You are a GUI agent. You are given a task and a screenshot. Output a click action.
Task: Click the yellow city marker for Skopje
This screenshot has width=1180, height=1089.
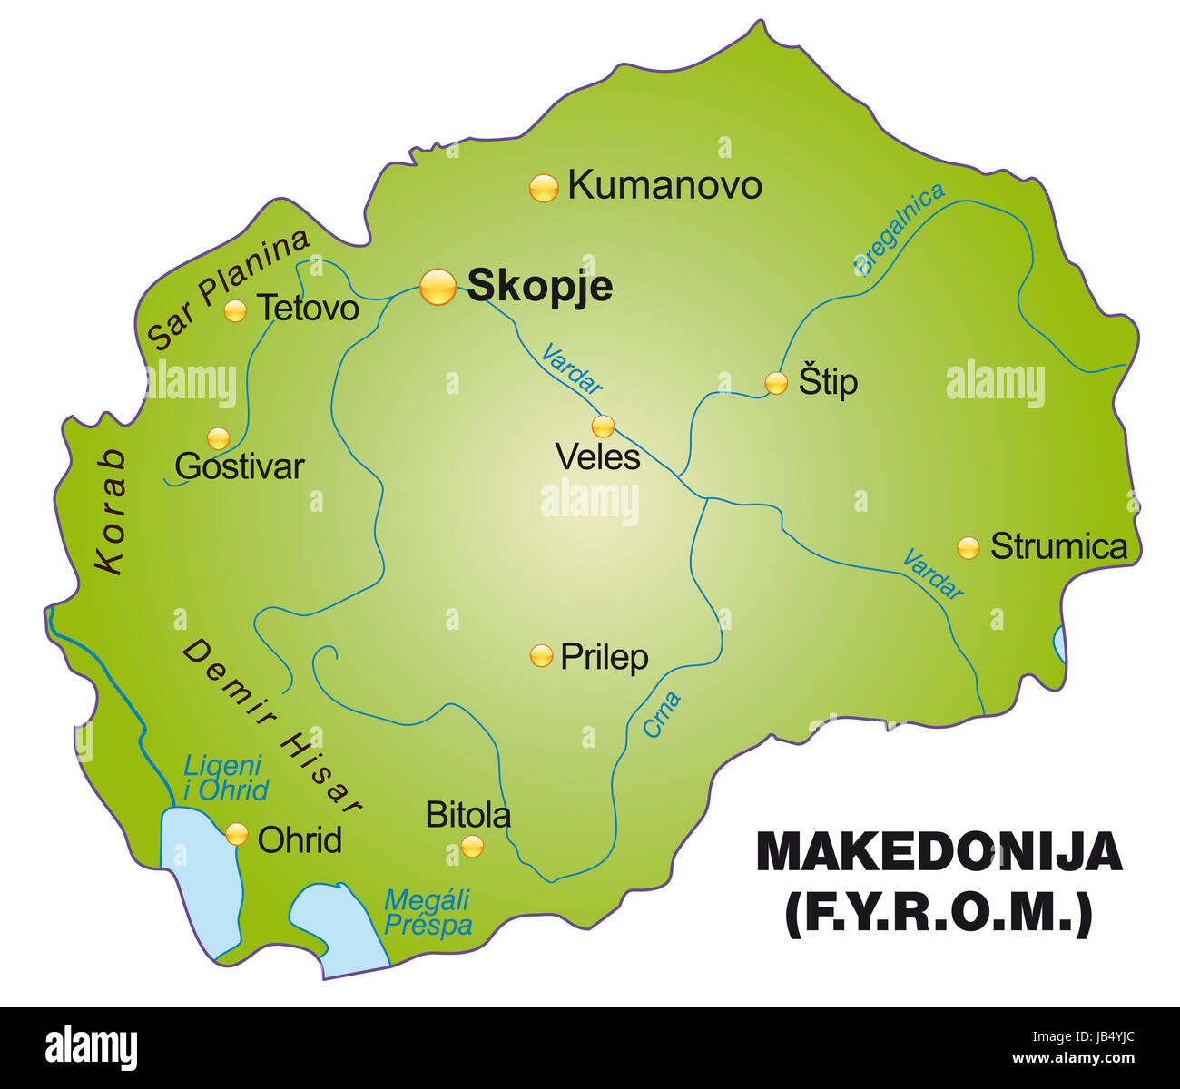coord(438,287)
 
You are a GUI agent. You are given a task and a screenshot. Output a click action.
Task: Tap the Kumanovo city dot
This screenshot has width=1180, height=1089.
coord(543,188)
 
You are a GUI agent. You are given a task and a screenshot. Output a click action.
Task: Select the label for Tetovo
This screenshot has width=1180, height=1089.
coord(308,309)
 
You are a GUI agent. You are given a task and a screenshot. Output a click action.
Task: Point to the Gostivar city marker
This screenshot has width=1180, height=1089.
coord(219,439)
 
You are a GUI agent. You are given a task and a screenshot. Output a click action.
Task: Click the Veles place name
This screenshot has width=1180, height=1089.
coord(597,457)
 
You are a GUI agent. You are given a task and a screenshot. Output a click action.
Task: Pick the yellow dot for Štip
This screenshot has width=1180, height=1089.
coord(775,383)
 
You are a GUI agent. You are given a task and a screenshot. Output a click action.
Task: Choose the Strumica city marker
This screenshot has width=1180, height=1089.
coord(969,547)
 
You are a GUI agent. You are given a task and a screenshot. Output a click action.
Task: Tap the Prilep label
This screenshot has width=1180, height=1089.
coord(604,656)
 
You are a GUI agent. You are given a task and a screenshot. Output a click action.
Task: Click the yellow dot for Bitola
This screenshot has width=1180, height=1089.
coord(472,847)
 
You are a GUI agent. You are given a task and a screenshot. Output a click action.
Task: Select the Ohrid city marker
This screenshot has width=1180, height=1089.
coord(237,834)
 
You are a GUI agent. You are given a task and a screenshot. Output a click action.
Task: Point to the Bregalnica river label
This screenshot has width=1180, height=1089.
coord(899,228)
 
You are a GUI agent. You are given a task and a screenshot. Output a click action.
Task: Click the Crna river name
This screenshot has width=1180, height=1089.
coord(662,714)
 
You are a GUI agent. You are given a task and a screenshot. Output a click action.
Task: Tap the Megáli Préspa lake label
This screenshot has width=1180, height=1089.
coord(428,912)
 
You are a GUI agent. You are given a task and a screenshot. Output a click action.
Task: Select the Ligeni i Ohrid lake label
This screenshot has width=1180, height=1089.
coord(225,778)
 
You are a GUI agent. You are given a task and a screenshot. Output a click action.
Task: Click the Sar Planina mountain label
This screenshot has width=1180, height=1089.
coord(228,289)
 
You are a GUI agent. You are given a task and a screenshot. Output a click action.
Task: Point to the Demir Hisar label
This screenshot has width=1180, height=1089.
coord(272,723)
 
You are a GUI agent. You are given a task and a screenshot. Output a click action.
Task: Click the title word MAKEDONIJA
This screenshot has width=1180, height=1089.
coord(939,852)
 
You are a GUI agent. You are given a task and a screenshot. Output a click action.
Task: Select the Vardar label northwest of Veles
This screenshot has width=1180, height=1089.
coord(571,368)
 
